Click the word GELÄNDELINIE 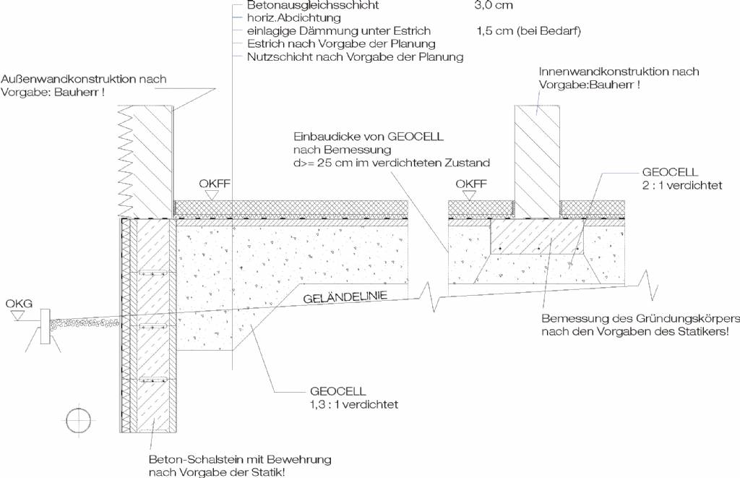point(345,297)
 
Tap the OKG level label point(19,303)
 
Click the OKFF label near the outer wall point(215,183)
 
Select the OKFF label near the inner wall point(471,184)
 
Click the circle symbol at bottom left point(79,419)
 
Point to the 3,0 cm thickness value point(493,5)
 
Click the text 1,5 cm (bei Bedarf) point(528,31)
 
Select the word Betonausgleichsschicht point(313,5)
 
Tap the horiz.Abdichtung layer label point(293,18)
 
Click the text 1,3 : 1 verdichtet point(354,405)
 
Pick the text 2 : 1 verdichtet point(682,185)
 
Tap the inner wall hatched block point(537,161)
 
